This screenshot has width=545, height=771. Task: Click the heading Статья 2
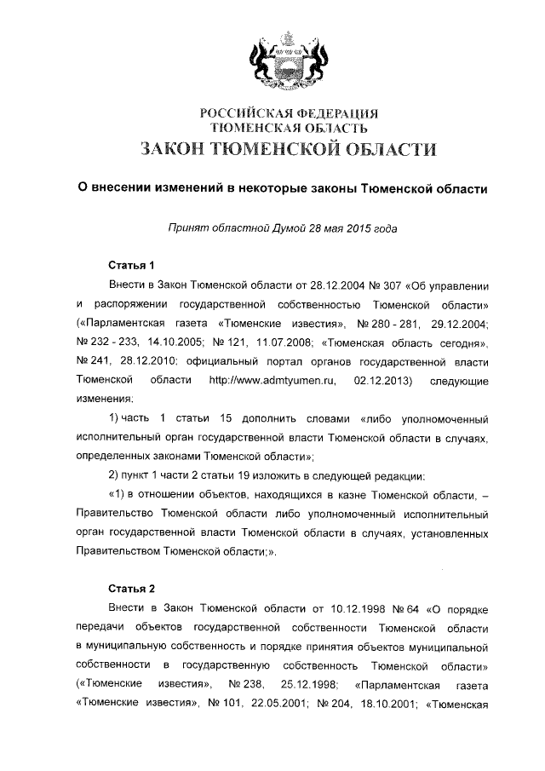[131, 588]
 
